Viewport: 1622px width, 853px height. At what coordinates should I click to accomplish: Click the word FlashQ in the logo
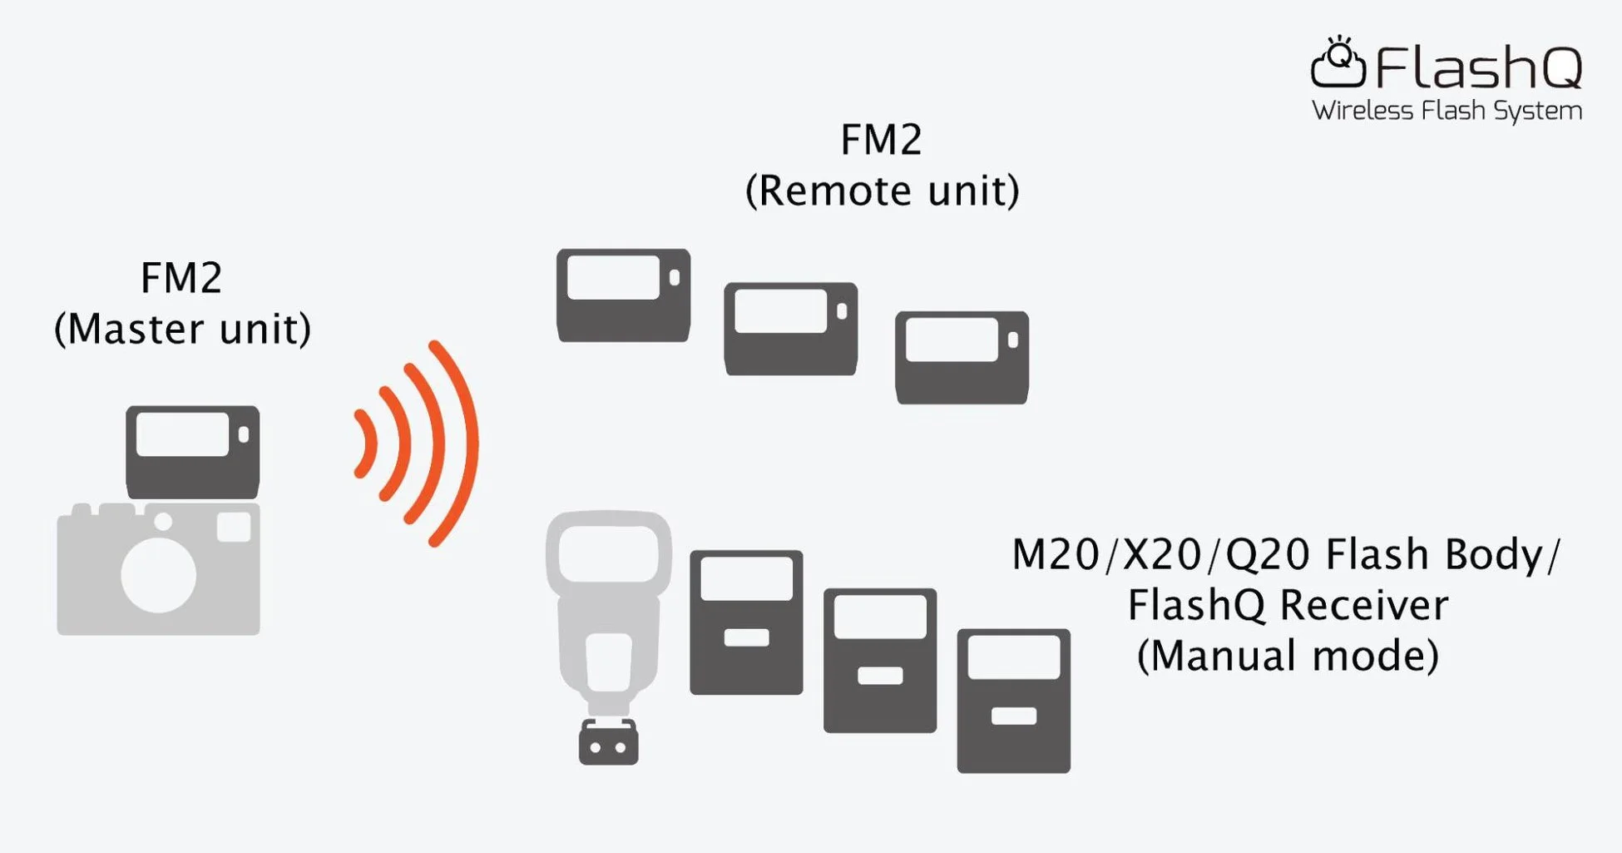[x=1478, y=67]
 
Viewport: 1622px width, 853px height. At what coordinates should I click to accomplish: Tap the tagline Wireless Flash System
[x=1446, y=111]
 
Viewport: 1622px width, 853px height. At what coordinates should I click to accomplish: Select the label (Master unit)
[x=182, y=329]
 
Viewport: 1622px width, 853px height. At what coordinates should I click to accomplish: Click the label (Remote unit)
[x=882, y=191]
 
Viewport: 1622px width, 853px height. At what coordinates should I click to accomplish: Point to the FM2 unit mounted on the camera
[x=192, y=452]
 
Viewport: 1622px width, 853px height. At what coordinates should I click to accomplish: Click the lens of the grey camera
[x=159, y=575]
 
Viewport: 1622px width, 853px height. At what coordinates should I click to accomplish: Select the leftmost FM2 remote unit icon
[x=623, y=295]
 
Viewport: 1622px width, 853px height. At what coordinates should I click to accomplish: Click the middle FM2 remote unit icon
[x=790, y=329]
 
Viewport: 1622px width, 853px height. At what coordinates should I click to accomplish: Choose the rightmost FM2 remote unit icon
[x=962, y=358]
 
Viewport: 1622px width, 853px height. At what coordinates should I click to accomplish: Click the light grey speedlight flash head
[x=609, y=553]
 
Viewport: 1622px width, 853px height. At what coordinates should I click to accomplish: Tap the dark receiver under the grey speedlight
[x=608, y=742]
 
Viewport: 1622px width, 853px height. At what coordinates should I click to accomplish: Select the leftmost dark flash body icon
[x=746, y=622]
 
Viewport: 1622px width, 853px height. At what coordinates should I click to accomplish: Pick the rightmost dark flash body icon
[x=1013, y=701]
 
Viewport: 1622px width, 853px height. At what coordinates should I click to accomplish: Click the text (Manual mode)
[x=1287, y=656]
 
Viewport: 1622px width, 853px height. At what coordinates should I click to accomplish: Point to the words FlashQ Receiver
[x=1287, y=605]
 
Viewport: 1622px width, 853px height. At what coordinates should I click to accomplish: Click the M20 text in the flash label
[x=1055, y=555]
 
